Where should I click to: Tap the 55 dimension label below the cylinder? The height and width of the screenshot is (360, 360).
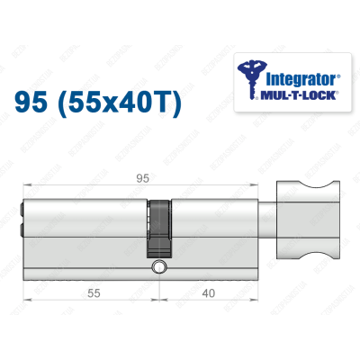click(x=87, y=292)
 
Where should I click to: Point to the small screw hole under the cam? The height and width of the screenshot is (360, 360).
click(x=159, y=267)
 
